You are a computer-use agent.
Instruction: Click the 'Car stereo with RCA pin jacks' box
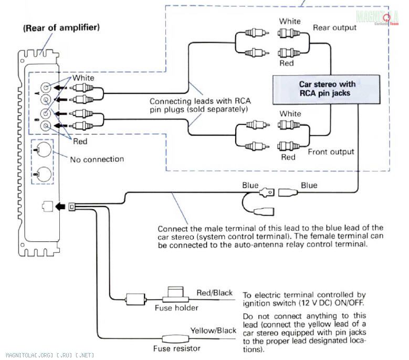point(327,88)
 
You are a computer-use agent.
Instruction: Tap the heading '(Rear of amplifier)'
point(61,27)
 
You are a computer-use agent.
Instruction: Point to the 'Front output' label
point(331,152)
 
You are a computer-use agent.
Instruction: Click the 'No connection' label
point(97,159)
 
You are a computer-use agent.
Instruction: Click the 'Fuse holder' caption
point(176,308)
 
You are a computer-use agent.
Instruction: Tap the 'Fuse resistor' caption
point(177,348)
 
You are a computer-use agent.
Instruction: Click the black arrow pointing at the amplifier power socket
point(61,206)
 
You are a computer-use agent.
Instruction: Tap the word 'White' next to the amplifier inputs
point(83,78)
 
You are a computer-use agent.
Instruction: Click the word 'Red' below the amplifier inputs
point(80,141)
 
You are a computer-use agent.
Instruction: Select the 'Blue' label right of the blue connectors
point(309,185)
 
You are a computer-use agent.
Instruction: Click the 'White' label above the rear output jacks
point(290,22)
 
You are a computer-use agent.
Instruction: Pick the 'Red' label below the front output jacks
point(288,157)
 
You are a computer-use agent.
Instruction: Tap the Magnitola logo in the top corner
point(376,17)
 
